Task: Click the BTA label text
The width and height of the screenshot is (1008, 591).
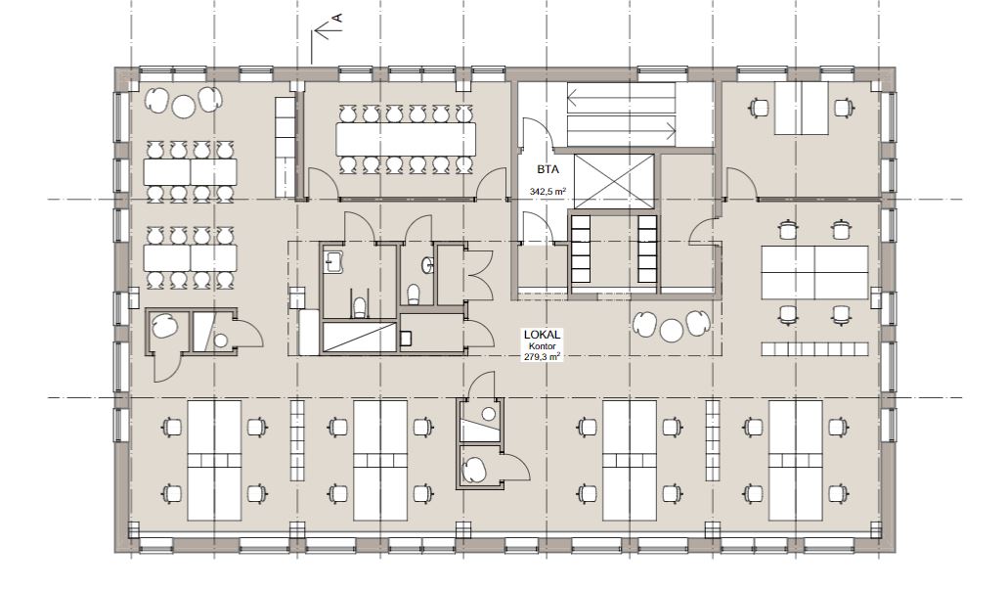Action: point(548,170)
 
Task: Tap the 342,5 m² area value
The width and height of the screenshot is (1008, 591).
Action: point(548,191)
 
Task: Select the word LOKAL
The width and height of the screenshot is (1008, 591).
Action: point(543,335)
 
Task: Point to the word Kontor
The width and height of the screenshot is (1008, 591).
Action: point(543,346)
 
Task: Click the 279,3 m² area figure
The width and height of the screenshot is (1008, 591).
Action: point(543,356)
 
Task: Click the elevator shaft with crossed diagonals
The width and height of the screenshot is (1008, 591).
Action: point(613,181)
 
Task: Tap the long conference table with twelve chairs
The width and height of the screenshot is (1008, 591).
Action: point(406,139)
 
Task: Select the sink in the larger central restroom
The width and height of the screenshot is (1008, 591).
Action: point(334,261)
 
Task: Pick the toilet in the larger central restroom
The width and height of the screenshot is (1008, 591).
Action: point(360,308)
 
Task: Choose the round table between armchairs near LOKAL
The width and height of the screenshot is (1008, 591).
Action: point(672,331)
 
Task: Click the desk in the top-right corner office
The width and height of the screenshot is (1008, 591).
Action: point(802,108)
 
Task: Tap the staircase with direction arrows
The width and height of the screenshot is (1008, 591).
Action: point(622,114)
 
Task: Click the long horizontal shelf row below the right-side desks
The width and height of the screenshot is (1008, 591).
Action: point(815,349)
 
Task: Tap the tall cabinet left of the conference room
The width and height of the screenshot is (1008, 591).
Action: point(285,147)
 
